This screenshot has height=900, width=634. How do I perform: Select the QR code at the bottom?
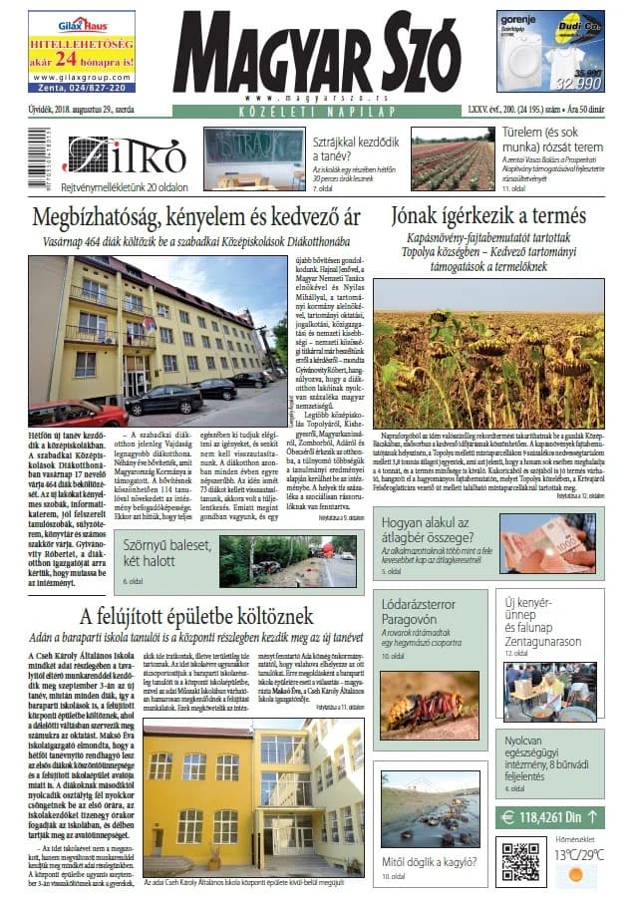pos(519,860)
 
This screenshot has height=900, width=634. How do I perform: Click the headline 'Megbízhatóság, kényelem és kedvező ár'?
pos(195,217)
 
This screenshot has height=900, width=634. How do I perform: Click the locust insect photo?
pos(429,704)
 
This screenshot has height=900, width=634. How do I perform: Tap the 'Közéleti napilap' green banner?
pos(316,115)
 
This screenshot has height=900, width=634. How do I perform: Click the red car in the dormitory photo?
pos(77,412)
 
